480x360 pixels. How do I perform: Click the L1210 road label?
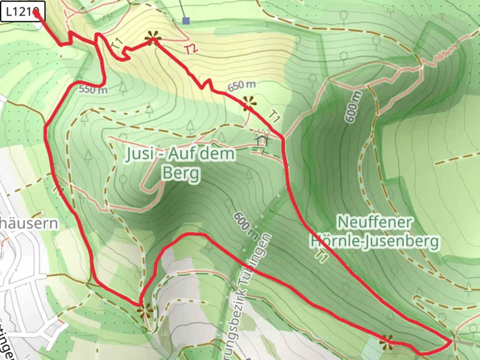22,12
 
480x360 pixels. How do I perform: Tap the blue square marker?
186,21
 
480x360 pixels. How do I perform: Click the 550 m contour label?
93,89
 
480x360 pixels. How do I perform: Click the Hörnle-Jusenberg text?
375,242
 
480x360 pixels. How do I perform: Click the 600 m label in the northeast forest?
354,107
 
